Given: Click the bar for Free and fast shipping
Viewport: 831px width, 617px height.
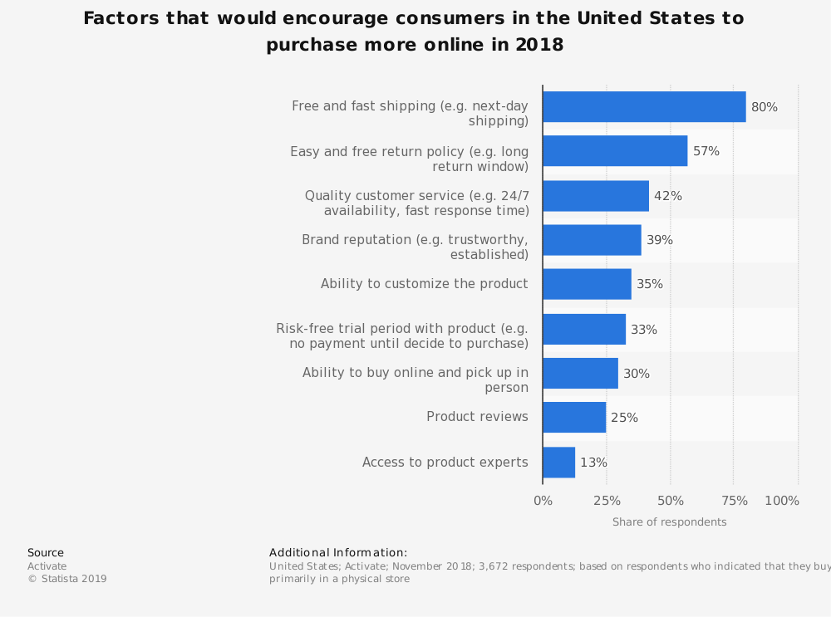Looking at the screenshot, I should tap(644, 107).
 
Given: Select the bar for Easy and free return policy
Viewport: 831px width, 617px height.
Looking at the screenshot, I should tap(615, 151).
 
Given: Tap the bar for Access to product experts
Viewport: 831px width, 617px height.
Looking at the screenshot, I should tap(558, 463).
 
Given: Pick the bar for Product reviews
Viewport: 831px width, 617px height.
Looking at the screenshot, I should tap(574, 418).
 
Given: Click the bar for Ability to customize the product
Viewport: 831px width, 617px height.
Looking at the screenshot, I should tap(587, 284).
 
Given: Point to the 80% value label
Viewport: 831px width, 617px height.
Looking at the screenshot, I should tap(765, 107).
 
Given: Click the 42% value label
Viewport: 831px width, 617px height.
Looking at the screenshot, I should tap(668, 196).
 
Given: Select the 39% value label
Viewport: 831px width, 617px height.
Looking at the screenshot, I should tap(660, 240).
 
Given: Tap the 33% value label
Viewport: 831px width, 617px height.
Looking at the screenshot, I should tap(644, 330).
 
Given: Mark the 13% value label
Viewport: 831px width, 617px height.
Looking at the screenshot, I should tap(593, 463).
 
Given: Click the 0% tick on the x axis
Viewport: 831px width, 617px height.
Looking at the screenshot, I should tap(543, 501).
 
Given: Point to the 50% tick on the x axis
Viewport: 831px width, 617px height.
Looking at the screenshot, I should tap(671, 501).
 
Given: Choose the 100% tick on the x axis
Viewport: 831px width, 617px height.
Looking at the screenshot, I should tap(782, 501).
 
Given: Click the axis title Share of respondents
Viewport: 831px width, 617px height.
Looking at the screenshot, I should tap(669, 522).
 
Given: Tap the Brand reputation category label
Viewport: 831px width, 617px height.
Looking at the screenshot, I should tap(415, 247).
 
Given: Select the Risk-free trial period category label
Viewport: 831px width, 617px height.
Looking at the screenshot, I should tap(402, 336).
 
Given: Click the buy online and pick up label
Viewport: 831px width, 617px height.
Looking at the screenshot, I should tap(415, 380).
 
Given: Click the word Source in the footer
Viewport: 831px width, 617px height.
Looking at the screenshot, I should tap(46, 553).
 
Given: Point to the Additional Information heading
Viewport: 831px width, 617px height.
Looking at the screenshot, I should tap(338, 553).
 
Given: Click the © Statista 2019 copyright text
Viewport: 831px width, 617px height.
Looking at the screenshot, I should tap(67, 579).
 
